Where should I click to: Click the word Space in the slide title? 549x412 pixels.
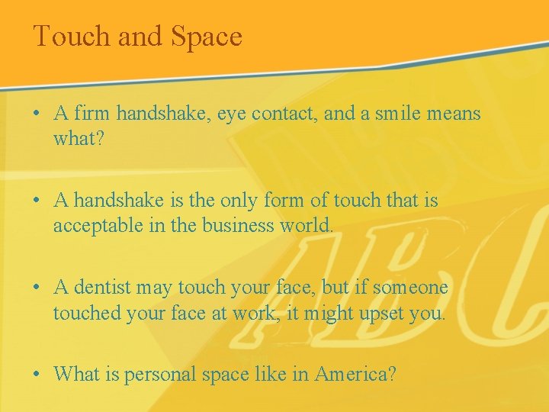point(207,37)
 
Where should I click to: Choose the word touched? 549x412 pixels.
point(88,313)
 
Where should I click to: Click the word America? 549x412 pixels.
point(353,375)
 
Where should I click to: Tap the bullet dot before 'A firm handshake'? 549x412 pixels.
point(37,114)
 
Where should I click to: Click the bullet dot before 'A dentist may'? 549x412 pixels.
point(37,288)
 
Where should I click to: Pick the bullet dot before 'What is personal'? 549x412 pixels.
point(37,375)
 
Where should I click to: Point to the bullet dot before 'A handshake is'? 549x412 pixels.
point(37,201)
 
